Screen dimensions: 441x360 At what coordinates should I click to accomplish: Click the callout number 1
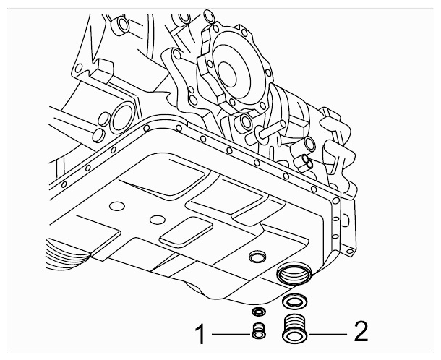pos(200,334)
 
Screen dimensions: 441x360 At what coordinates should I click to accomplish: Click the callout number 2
pos(361,332)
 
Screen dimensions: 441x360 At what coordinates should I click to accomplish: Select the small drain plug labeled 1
pos(258,331)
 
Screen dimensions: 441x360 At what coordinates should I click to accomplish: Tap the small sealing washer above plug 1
pos(259,312)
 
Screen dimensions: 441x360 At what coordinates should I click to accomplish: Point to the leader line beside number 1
pos(231,335)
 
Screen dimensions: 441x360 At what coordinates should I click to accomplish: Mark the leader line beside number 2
pos(327,335)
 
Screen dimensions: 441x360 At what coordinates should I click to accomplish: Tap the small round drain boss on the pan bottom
pos(258,257)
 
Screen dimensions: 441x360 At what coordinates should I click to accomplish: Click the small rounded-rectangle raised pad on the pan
pos(187,232)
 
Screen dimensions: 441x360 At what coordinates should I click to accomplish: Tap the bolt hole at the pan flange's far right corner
pos(335,200)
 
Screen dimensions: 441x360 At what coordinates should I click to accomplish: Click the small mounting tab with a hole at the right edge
pos(349,251)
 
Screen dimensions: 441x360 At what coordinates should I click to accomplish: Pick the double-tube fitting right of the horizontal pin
pos(304,164)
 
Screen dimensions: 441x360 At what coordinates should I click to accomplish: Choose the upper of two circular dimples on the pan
pos(117,206)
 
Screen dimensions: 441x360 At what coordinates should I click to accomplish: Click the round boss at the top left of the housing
pos(121,25)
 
